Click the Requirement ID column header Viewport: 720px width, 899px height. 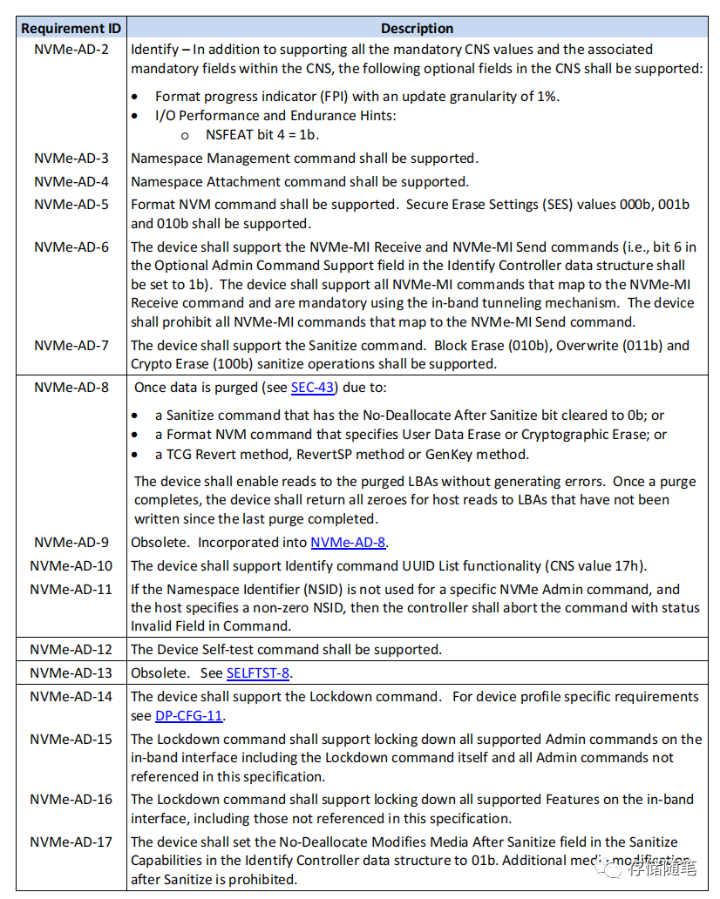coord(71,28)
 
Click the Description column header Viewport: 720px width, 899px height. coord(417,28)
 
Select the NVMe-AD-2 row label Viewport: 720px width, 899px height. coord(71,49)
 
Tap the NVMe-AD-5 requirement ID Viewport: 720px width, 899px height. coord(71,205)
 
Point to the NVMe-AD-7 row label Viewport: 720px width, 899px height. coord(71,345)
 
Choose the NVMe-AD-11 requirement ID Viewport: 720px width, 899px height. coord(71,589)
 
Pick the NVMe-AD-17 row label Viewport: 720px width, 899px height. coord(71,842)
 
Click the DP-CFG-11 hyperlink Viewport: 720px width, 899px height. coord(189,716)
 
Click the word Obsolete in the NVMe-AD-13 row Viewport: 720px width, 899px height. coord(159,673)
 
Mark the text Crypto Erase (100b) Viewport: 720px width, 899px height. coord(183,363)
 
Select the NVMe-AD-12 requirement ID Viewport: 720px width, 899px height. coord(71,649)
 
